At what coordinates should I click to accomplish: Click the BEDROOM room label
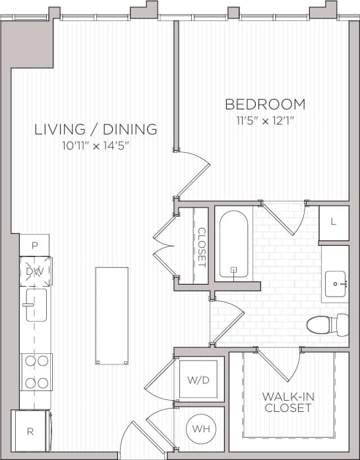click(x=265, y=104)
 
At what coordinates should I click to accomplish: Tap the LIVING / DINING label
click(x=96, y=129)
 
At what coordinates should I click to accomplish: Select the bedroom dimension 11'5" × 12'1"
click(x=265, y=121)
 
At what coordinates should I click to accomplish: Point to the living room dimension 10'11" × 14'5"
click(x=96, y=146)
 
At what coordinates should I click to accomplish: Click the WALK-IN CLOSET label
click(x=287, y=402)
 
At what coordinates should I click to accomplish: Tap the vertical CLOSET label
click(x=202, y=246)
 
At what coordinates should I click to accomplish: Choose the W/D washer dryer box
click(x=198, y=379)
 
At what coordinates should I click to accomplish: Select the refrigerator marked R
click(x=30, y=432)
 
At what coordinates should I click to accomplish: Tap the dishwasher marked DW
click(x=34, y=271)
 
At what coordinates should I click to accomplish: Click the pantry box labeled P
click(x=34, y=245)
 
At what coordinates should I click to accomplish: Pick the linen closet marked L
click(x=334, y=222)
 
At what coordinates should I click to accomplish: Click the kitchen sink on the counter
click(x=36, y=306)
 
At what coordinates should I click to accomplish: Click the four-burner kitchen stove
click(x=36, y=371)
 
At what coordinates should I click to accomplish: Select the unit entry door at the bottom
click(x=135, y=442)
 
